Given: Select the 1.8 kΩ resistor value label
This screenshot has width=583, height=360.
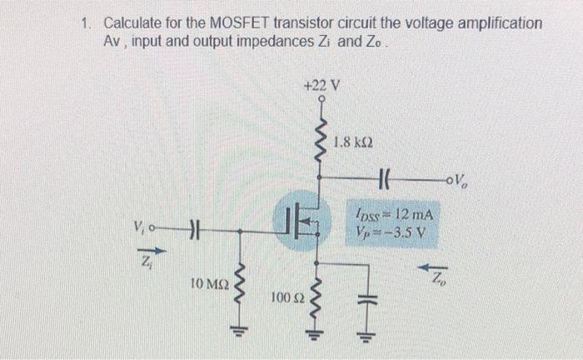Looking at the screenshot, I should (352, 142).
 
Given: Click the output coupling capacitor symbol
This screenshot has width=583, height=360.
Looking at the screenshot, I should (385, 177).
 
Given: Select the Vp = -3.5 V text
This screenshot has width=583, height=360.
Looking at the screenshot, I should (391, 232).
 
